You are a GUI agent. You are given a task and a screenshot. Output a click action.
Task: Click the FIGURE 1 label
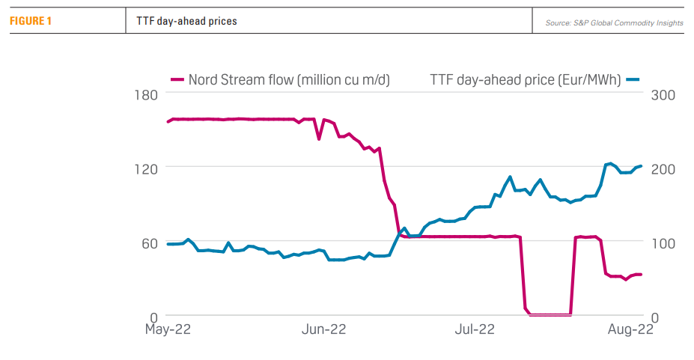point(31,21)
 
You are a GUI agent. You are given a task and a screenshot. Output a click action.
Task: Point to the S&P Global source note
point(614,23)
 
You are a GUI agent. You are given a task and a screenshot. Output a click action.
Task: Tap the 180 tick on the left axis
point(145,94)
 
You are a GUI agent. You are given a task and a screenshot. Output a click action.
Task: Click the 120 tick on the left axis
point(145,168)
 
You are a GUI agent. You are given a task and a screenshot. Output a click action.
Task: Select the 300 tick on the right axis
point(663,94)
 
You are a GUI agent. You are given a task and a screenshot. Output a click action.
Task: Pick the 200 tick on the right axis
point(663,168)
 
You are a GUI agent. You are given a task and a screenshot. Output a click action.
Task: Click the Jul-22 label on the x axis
point(475,329)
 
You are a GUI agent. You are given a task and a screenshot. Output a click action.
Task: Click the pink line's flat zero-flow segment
point(550,315)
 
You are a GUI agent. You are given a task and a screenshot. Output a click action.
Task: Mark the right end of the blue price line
point(642,165)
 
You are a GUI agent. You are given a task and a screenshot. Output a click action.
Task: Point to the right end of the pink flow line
point(642,275)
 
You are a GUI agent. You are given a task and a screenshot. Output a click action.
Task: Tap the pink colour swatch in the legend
point(177,79)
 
